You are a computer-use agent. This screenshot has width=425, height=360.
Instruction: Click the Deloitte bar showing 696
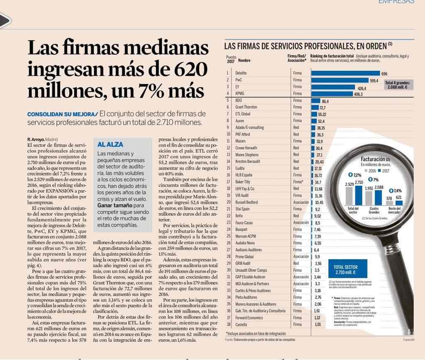click(x=345, y=73)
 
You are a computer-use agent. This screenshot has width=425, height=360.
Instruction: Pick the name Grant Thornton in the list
click(x=246, y=107)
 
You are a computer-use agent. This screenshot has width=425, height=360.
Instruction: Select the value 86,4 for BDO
click(x=325, y=101)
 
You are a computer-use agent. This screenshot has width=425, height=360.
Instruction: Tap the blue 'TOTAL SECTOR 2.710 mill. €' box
click(x=345, y=270)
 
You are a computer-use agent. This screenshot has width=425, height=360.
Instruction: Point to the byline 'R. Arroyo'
click(x=36, y=139)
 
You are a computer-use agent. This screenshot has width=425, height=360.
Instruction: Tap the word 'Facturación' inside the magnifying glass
click(x=372, y=159)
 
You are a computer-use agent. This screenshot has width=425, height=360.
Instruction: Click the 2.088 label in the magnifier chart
click(x=378, y=187)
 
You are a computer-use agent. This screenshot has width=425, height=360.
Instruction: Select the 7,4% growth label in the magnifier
click(x=397, y=190)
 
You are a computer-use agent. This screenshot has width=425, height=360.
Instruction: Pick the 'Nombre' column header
click(x=244, y=61)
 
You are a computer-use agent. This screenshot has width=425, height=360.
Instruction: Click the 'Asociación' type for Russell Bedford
click(x=301, y=202)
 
